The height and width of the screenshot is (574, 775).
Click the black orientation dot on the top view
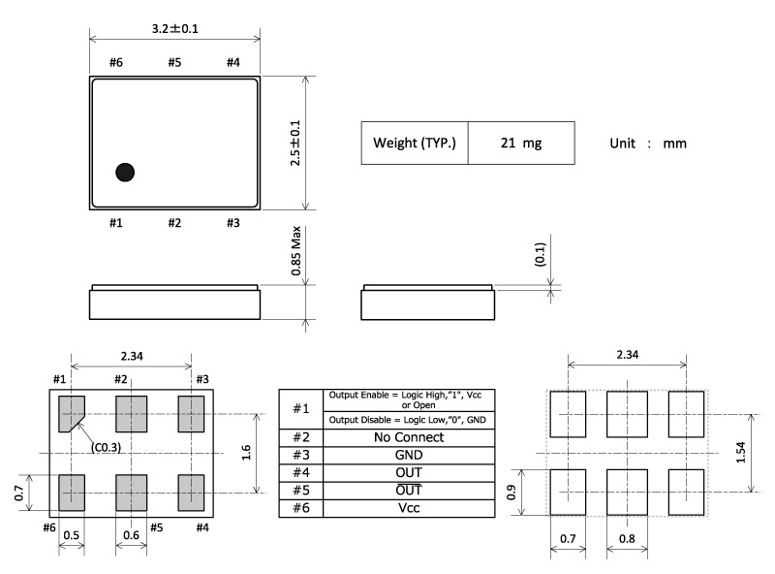coord(125,173)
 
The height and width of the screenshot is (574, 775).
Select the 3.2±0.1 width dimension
coord(175,29)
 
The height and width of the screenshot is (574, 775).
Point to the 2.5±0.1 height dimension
coord(295,143)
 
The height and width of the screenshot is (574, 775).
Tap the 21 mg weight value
coord(521,143)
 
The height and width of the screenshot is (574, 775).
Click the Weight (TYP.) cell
coord(415,143)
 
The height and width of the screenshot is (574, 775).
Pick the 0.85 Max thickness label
coord(296,251)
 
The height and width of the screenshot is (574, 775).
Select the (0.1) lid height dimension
coord(541,254)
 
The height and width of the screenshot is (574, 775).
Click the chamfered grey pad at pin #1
coord(71,414)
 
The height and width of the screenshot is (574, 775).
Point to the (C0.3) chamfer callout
coord(106,447)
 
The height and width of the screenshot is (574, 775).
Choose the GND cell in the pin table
coord(409,456)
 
